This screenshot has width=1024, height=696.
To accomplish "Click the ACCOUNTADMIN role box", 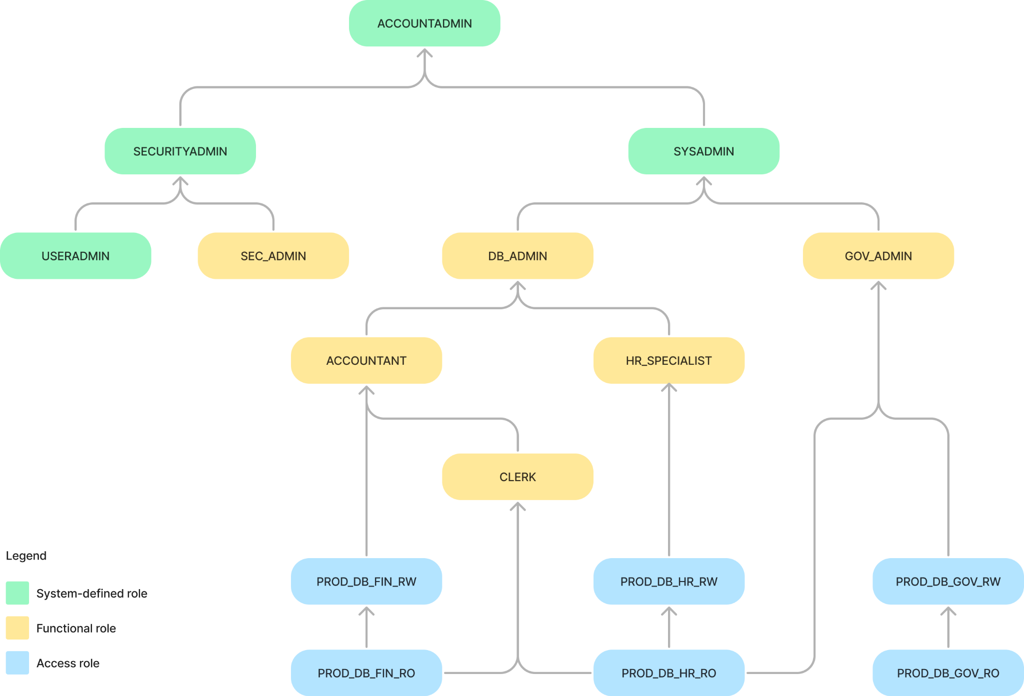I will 424,23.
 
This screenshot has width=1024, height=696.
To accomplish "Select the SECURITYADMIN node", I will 180,151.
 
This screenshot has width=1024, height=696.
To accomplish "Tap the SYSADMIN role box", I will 703,151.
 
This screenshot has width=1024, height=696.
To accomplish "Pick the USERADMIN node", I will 75,256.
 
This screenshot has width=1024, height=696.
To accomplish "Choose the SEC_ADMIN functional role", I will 273,256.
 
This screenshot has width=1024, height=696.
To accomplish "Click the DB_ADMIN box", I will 517,256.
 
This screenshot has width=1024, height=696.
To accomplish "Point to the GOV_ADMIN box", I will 878,256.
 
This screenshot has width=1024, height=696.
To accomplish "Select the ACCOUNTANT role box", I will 366,361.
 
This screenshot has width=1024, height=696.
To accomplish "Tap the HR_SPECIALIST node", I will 668,361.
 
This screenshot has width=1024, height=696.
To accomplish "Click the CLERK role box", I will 517,477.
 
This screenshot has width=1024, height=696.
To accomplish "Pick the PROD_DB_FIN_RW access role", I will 366,582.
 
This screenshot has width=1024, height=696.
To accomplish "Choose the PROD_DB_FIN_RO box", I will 366,673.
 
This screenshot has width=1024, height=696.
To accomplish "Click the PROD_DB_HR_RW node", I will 668,582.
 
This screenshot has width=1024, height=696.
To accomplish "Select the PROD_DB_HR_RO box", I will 668,673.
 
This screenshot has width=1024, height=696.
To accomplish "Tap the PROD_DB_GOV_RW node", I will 948,582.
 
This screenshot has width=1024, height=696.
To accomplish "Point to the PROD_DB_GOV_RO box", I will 948,673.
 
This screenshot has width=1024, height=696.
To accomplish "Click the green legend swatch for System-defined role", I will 17,593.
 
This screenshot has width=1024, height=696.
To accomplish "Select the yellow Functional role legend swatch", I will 17,628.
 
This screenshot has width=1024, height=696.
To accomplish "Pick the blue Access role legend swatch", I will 17,663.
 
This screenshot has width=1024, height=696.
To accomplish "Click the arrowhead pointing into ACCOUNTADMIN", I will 424,53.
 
